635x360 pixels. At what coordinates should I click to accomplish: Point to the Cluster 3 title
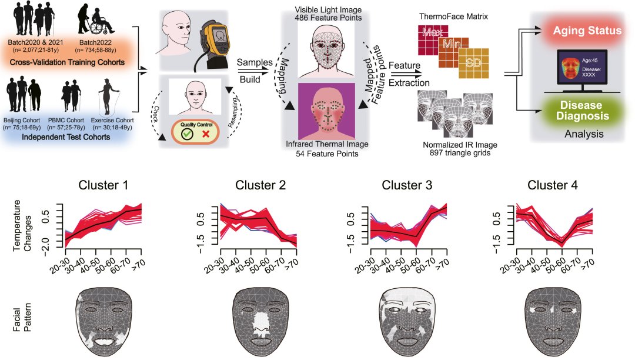[407, 186]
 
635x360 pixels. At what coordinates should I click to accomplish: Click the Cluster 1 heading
[104, 186]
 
